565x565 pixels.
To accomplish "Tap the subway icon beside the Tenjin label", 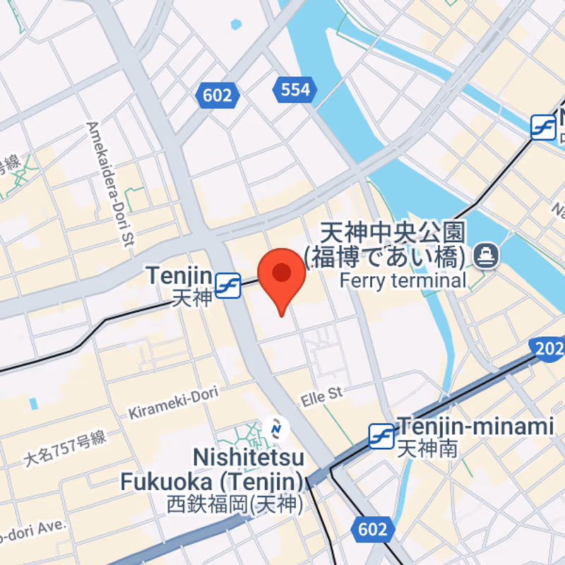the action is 228,285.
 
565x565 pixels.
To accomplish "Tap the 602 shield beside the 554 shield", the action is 218,95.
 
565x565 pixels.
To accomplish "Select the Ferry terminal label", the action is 403,280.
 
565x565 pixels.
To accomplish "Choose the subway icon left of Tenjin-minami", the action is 381,436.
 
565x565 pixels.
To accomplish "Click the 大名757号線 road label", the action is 65,448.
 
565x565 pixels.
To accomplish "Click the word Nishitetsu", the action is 248,457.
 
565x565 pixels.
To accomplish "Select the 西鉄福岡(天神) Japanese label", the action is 235,504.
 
